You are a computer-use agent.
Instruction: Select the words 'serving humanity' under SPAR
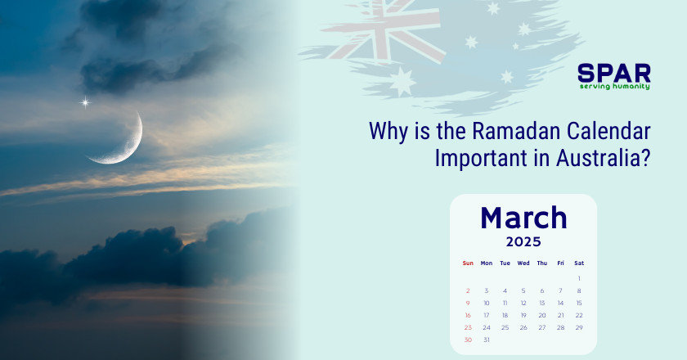coord(613,86)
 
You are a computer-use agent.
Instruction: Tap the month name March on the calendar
coord(523,218)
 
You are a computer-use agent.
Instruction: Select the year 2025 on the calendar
coord(523,242)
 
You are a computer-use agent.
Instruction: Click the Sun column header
coord(468,263)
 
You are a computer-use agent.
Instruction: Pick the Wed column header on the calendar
coord(523,263)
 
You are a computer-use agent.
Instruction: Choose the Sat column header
coord(579,263)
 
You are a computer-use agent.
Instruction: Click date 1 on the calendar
coord(579,278)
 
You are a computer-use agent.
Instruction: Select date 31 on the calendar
coord(487,340)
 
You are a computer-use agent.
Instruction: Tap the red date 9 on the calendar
coord(468,303)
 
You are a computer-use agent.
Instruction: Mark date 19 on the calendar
coord(523,315)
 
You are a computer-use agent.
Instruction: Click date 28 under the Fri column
coord(560,327)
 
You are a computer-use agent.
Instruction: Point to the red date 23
coord(468,327)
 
